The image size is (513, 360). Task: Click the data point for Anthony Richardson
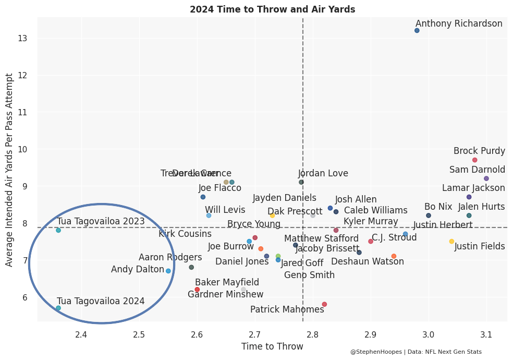(417, 31)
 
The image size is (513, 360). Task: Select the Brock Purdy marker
(474, 160)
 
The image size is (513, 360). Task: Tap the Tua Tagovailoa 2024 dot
(58, 308)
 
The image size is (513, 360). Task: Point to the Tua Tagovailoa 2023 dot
(58, 230)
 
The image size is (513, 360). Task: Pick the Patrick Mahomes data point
(324, 304)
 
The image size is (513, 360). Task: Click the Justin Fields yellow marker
(451, 242)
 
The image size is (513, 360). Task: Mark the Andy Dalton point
(168, 271)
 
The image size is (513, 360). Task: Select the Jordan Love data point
(301, 182)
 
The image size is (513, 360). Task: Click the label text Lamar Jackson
(473, 188)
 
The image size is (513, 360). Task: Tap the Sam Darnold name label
(477, 170)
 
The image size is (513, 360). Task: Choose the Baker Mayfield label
(227, 282)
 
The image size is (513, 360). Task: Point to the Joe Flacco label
(220, 188)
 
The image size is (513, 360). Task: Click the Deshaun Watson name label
(368, 261)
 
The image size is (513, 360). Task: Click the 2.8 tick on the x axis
(313, 334)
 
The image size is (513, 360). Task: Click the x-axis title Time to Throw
(272, 346)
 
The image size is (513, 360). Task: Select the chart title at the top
(272, 9)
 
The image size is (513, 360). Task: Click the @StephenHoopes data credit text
(416, 352)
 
